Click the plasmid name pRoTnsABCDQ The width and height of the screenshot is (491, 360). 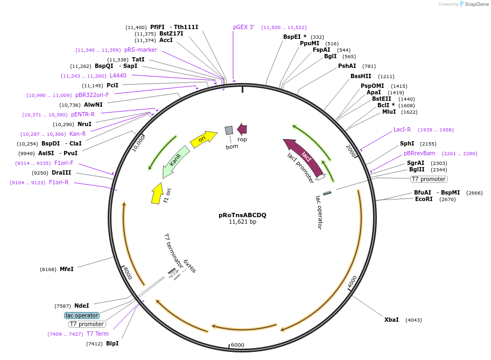pos(242,215)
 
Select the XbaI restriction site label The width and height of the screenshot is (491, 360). pos(391,320)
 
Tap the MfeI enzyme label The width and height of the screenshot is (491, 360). pos(66,269)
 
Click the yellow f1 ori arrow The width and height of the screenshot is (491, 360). pos(157,193)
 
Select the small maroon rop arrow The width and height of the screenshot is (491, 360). pos(242,129)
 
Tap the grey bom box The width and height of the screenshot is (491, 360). pos(229,130)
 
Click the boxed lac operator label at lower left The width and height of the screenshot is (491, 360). pos(82,315)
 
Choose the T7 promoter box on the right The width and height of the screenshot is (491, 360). pos(429,179)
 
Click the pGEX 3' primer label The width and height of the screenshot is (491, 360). pos(244,27)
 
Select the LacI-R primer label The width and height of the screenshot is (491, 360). pos(402,129)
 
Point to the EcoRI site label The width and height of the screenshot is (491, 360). pos(424,199)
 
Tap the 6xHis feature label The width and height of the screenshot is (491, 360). pos(190,266)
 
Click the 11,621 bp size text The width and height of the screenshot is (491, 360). pos(242,221)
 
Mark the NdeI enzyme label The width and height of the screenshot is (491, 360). pos(81,306)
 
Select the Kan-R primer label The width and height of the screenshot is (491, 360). pos(78,134)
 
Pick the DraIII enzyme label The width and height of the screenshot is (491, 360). pos(61,172)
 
